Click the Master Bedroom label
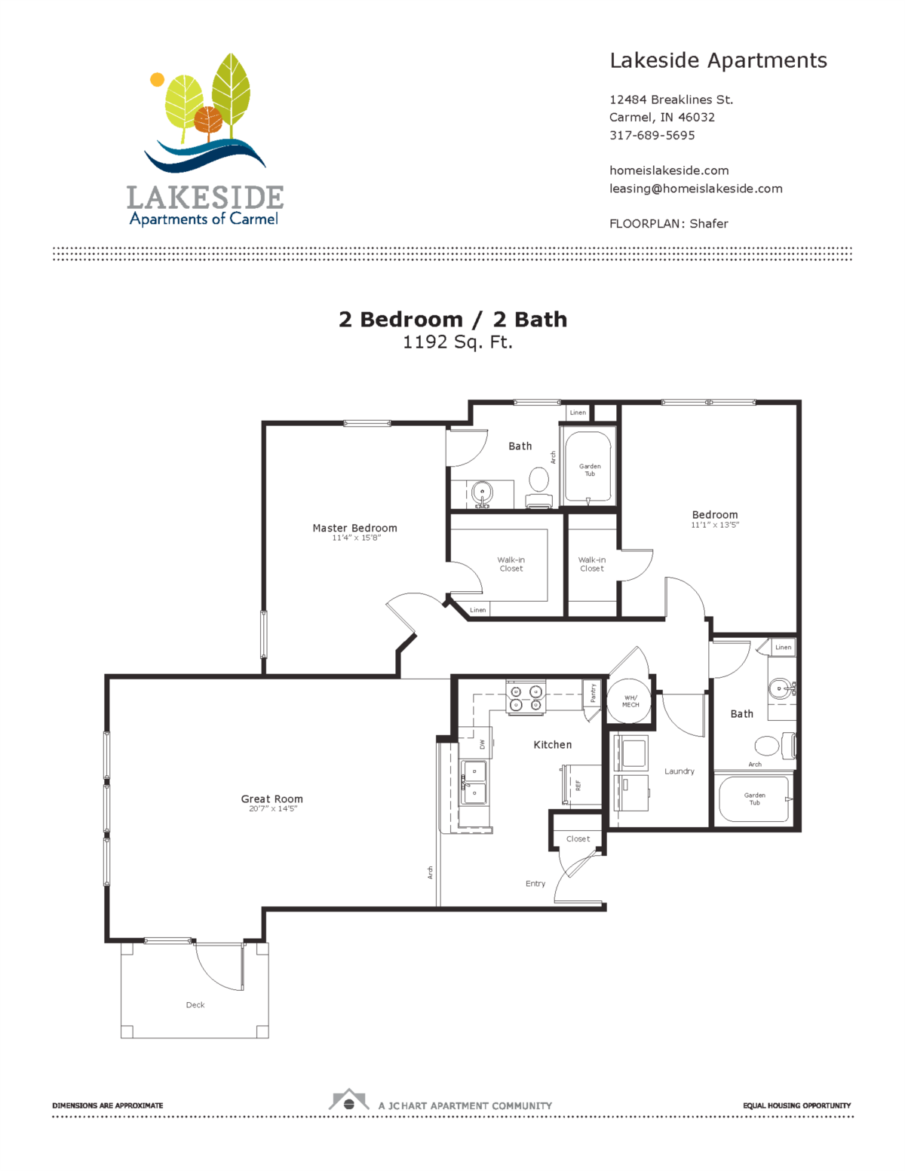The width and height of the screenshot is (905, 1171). tap(354, 528)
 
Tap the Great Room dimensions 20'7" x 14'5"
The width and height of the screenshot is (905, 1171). tap(272, 809)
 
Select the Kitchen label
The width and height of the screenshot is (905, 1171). tap(552, 744)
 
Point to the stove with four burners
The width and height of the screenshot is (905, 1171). tap(526, 698)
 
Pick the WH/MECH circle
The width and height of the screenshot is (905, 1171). tap(630, 701)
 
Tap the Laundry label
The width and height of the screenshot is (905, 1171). tap(679, 771)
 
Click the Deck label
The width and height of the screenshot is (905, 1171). tap(195, 1005)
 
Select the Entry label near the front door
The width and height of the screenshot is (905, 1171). tap(535, 884)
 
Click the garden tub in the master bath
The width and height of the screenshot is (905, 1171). tap(588, 467)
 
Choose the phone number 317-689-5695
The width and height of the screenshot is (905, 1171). tap(652, 136)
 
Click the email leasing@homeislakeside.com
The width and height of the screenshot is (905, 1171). tap(695, 189)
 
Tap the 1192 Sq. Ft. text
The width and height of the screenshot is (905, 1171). tap(457, 342)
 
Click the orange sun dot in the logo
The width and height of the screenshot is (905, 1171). tap(157, 79)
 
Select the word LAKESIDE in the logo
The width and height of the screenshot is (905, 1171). tap(205, 198)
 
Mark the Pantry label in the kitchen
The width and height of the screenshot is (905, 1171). tap(593, 693)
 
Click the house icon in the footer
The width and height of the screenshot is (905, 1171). tap(348, 1100)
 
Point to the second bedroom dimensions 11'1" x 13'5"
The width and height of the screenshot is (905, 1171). tap(715, 525)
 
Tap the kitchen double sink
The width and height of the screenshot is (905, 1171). tap(474, 782)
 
